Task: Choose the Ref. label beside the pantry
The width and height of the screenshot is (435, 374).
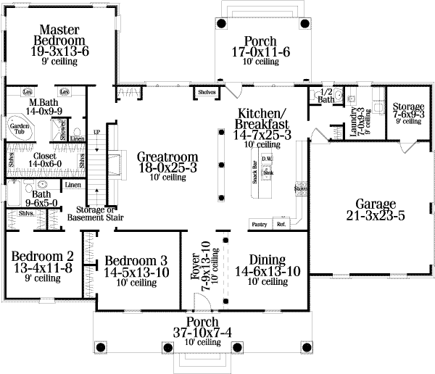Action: click(281, 224)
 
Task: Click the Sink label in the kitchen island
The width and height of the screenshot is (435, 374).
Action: click(268, 173)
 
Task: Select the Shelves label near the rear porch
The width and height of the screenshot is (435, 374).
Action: click(204, 92)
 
